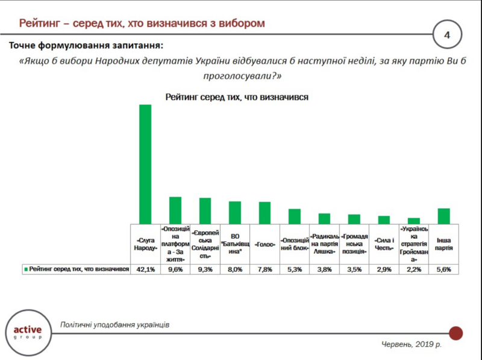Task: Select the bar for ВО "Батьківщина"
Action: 235,212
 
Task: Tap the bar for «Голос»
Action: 264,212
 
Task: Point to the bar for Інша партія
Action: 444,216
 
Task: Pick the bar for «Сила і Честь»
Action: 384,219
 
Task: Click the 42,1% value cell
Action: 145,270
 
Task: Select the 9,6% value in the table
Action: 175,270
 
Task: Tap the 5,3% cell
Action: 295,270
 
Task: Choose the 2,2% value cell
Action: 414,270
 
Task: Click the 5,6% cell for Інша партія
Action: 444,270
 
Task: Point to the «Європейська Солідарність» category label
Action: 205,244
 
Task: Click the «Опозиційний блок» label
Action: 295,244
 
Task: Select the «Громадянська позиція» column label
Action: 354,244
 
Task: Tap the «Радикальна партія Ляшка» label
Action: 324,244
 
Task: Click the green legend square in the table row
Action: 25,270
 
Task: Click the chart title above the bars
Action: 237,96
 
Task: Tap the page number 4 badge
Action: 447,35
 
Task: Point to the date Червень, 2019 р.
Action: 412,344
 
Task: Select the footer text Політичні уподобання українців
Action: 114,324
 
